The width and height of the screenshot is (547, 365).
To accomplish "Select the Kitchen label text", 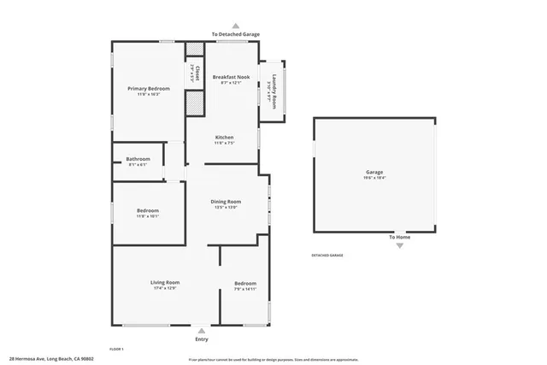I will pos(224,138).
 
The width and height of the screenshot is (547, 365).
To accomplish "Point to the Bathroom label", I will pos(138,158).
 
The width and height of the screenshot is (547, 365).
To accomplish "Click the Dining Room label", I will pos(226,202).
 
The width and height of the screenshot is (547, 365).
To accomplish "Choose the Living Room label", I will pos(165,282).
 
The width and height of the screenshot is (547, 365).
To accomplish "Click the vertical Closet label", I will pos(197,74).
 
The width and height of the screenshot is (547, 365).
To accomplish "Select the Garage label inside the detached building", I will pos(374,172).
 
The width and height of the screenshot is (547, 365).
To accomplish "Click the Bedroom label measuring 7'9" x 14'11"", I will pos(245,283).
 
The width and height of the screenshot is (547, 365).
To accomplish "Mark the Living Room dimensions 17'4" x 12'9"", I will pos(165,288).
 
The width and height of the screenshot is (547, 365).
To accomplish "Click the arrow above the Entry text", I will pos(201,330).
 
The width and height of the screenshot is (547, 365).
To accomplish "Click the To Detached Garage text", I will pos(236,34).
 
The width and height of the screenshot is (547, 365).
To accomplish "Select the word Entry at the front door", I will pos(201,339).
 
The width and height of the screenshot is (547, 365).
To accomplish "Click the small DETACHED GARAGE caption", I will pos(326,256).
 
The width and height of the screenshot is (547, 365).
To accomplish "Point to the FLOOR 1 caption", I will pos(116,349).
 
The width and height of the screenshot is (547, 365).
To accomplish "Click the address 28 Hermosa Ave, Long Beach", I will pos(51,359).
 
